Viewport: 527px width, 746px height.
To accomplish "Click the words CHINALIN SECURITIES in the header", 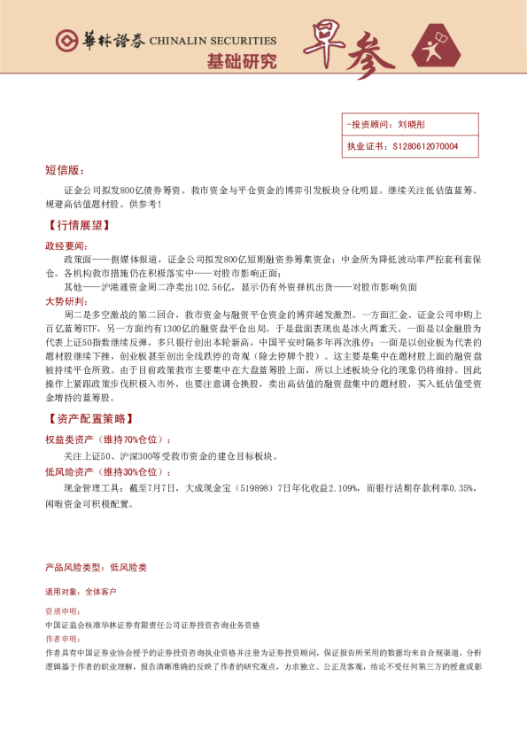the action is coord(213,41).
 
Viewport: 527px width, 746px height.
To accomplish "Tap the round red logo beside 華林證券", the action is coord(65,40).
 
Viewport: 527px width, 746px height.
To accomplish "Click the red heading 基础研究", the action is coord(241,61).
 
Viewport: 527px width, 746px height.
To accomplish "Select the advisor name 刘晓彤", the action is coord(412,126).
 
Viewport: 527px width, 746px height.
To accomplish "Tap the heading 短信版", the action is coord(64,169).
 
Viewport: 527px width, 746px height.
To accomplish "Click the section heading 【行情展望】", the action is coord(77,226).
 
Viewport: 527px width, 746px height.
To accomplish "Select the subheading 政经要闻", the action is coord(66,245).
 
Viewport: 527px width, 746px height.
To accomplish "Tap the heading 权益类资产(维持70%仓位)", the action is coord(108,439).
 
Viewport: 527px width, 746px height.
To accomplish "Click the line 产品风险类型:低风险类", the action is coord(96,566).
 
